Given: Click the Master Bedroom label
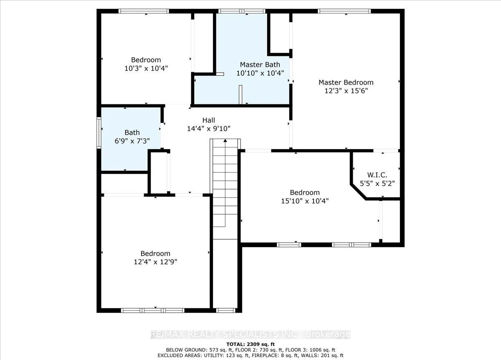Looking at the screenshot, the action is [346, 83].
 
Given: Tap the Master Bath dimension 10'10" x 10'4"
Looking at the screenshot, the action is [260, 73].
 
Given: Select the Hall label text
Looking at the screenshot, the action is [209, 120].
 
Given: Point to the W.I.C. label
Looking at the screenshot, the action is [377, 175].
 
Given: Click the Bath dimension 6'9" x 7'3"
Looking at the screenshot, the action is [132, 141].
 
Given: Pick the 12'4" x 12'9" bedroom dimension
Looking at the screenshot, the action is [155, 262].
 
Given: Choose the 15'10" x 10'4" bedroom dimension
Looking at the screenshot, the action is [305, 201].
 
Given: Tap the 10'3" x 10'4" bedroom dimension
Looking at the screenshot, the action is [146, 68].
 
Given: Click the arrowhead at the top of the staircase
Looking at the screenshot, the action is [225, 140].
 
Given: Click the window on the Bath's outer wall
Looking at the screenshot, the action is [99, 133].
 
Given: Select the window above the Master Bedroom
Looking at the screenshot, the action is [344, 11].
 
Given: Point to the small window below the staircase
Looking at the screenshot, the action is [226, 310].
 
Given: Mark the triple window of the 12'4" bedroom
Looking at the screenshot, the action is [153, 310].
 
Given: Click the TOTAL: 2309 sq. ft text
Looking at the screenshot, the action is [250, 344].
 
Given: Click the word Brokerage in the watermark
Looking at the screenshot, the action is [328, 334].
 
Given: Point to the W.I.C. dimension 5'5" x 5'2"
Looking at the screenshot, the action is [377, 183].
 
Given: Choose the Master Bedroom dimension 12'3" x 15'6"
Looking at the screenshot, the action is [346, 91].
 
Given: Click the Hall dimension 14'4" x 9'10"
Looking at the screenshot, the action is [209, 129].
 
